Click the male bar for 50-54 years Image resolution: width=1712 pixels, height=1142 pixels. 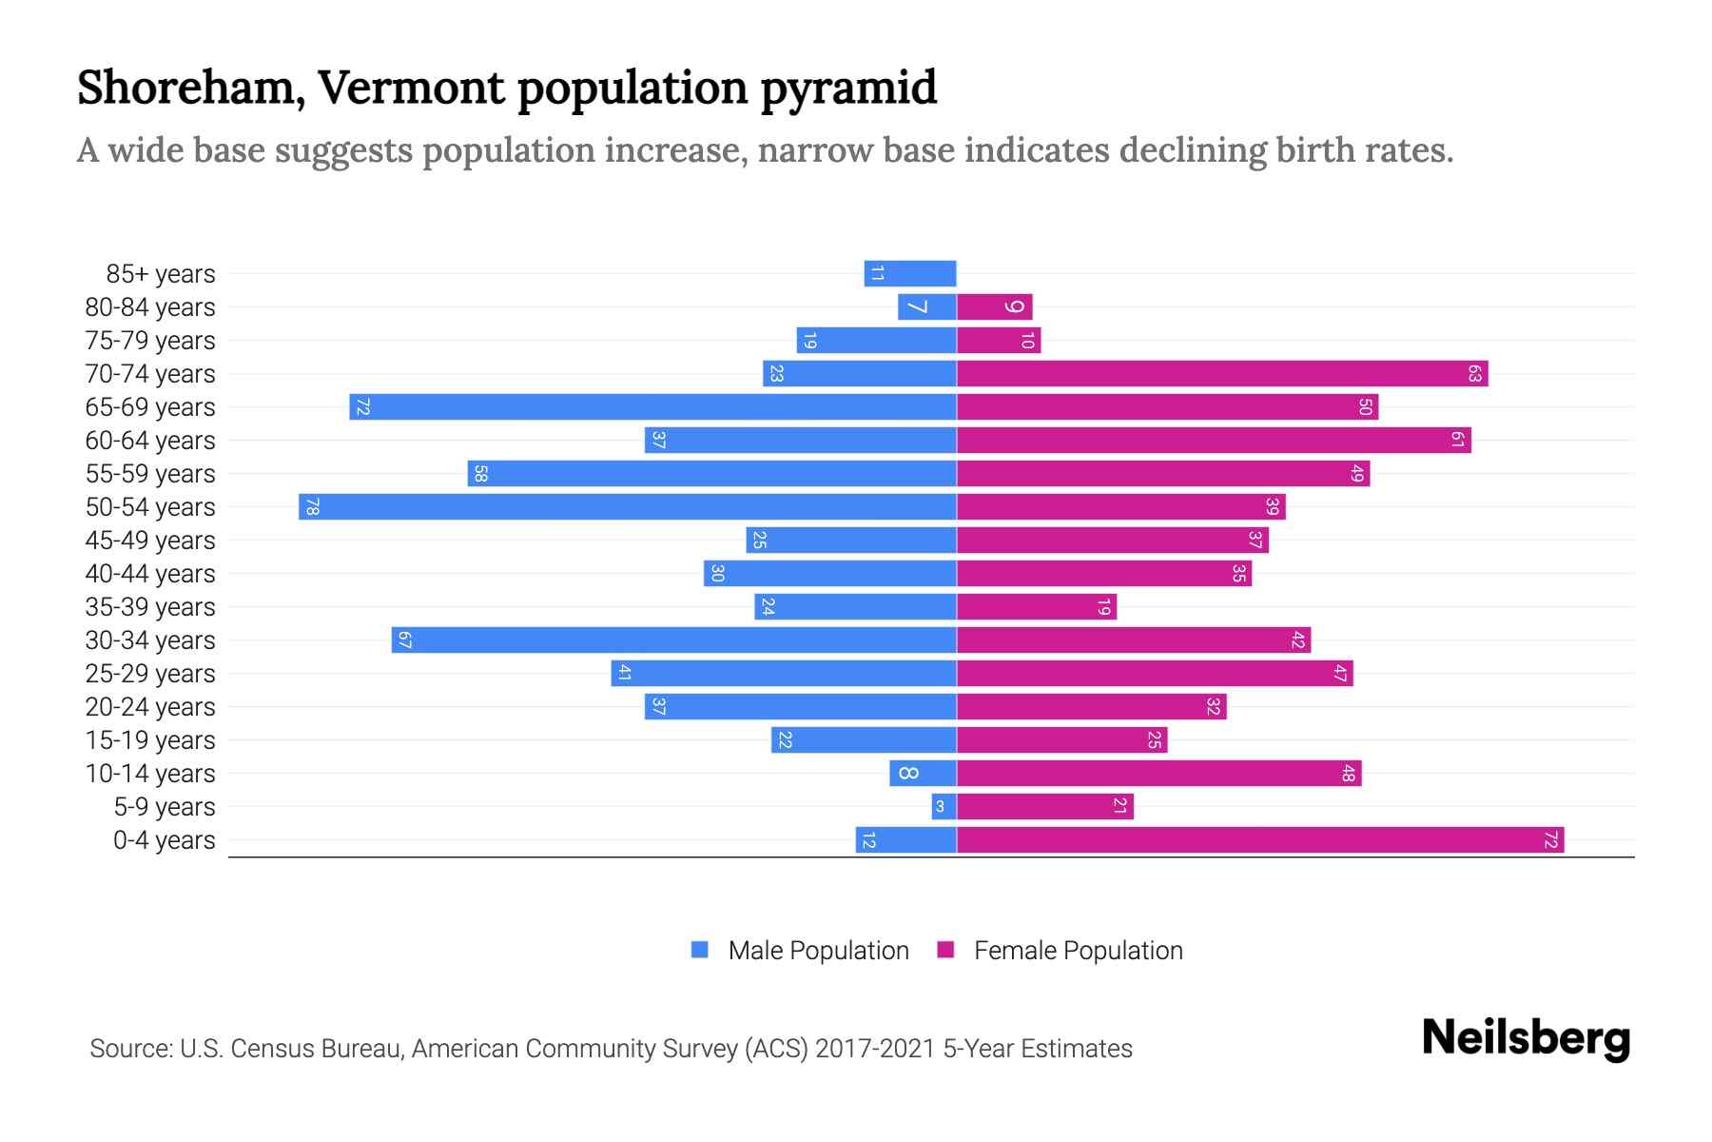pos(628,507)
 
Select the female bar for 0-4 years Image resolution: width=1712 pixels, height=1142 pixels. pos(1260,840)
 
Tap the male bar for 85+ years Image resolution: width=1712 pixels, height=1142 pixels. pos(910,274)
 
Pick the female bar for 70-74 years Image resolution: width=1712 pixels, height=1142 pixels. pos(1222,374)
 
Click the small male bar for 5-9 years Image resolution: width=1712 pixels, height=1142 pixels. pos(944,807)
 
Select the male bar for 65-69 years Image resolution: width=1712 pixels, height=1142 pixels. pos(652,407)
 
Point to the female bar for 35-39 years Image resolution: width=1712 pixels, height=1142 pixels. pos(1037,607)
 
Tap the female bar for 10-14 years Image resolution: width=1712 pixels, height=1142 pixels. pos(1158,774)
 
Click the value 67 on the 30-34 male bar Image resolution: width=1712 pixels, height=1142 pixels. pos(404,640)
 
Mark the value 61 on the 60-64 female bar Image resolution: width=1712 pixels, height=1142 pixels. pos(1457,441)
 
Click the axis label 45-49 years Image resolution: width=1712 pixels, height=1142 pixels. pos(150,541)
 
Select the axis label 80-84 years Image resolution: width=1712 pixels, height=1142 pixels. pos(150,307)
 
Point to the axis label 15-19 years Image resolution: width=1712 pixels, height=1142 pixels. pos(150,740)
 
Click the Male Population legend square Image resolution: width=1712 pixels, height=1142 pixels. pos(700,950)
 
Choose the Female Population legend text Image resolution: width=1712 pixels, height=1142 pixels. pos(1078,951)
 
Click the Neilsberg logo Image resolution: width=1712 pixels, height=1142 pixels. pos(1526,1038)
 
